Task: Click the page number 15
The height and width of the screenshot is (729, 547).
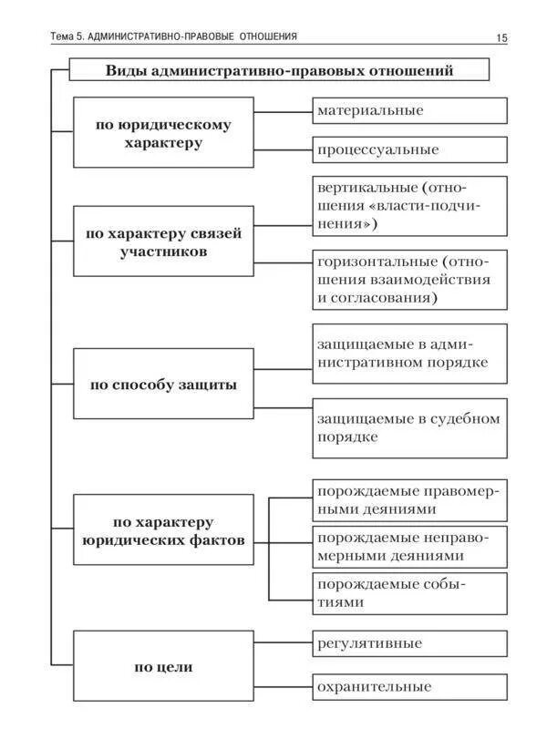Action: tap(501, 37)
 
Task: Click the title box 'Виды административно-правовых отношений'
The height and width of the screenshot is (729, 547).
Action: tap(279, 69)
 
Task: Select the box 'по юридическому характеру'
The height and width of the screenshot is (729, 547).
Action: tap(163, 134)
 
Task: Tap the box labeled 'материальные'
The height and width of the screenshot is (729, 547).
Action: tap(409, 110)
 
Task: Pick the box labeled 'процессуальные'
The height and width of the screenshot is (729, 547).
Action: tap(409, 149)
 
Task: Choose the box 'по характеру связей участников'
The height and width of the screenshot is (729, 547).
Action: tap(163, 241)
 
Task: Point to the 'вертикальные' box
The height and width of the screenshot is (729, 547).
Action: tap(409, 205)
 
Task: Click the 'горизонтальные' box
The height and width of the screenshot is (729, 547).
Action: tap(409, 279)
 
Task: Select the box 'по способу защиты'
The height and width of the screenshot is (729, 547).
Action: tap(163, 384)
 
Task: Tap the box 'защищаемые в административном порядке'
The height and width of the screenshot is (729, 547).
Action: tap(409, 354)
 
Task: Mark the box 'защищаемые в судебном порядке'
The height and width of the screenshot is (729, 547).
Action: tap(409, 427)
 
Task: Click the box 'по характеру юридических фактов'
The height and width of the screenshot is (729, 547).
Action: tap(163, 530)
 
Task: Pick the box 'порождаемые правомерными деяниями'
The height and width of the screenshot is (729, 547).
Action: tap(409, 499)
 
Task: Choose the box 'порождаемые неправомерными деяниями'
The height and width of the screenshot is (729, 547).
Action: tap(409, 546)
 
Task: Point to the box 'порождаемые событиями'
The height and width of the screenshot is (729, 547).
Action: tap(409, 592)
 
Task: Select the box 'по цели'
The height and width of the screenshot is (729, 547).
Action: tap(163, 667)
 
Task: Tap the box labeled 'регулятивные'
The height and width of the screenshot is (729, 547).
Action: tap(409, 643)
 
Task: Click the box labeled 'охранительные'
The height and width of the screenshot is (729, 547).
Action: tap(409, 687)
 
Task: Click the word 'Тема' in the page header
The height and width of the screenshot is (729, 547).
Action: tap(65, 36)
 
